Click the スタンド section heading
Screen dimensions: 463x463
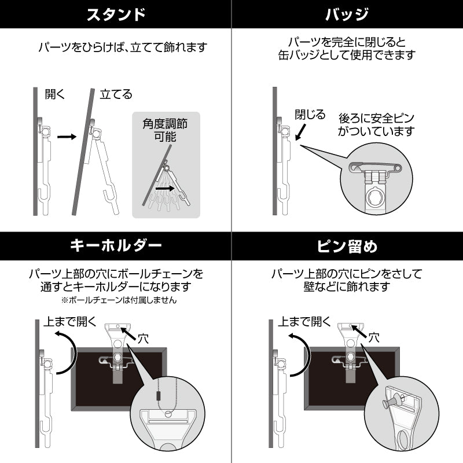coord(116,14)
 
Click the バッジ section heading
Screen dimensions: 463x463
coord(347,14)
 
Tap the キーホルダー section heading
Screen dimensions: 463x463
coord(116,245)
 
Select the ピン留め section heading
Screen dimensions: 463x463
coord(347,245)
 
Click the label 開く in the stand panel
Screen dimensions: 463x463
coord(54,94)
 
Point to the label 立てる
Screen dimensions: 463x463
coord(116,94)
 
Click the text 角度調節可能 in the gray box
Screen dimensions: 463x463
coord(165,130)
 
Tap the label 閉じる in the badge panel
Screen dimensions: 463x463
coord(310,114)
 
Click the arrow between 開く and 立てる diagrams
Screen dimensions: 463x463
coord(67,137)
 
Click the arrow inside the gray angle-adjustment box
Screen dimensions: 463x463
coord(166,188)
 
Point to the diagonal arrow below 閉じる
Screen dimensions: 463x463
coord(300,132)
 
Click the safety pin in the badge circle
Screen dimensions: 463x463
coord(375,168)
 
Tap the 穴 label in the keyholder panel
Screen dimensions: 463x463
coord(144,339)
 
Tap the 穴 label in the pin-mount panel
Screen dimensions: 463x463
coord(373,337)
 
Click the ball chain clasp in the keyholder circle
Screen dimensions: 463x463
coord(157,395)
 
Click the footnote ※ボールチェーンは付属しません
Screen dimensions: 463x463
coord(119,300)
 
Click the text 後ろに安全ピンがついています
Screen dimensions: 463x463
coord(376,124)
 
